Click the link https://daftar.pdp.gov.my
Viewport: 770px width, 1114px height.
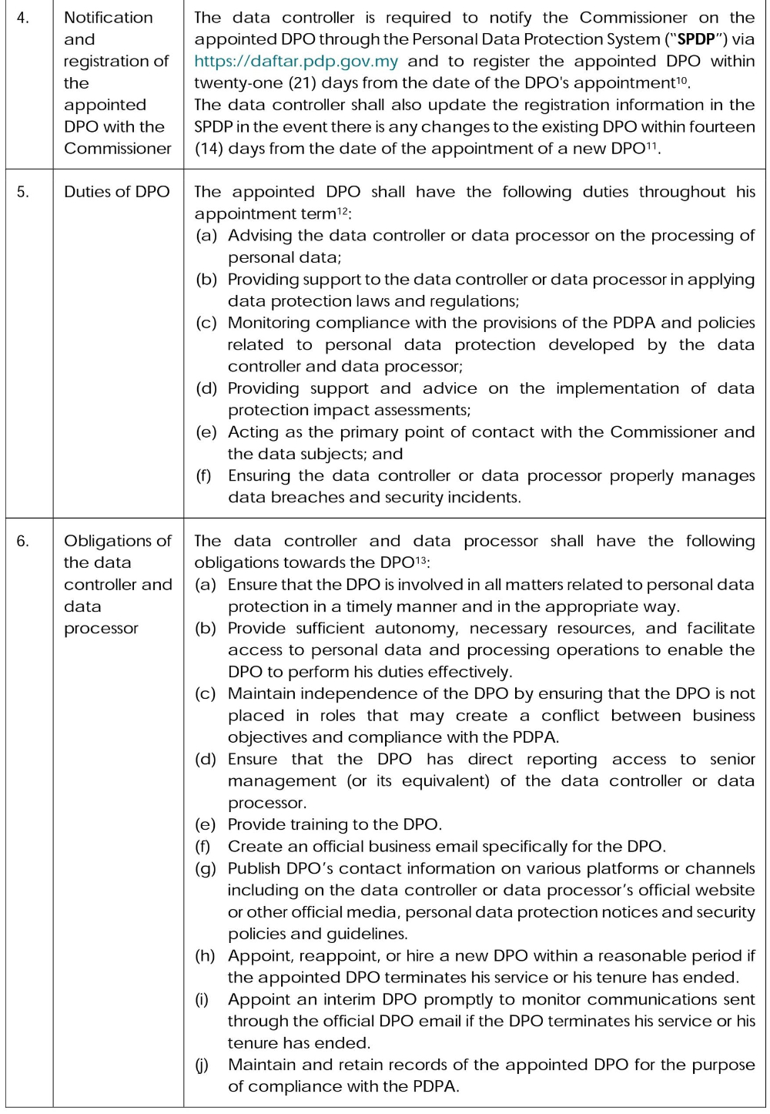coord(296,61)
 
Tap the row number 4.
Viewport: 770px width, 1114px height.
coord(23,17)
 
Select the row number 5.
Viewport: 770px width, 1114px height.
coord(23,192)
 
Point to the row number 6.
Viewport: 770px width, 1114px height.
coord(23,541)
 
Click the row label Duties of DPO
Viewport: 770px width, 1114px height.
coord(116,192)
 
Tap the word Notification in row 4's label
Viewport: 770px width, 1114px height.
coord(109,17)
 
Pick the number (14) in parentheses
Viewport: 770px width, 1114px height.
coord(209,148)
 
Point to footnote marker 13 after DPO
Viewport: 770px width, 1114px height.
coord(421,559)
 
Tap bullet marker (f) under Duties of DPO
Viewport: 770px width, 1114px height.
coord(204,475)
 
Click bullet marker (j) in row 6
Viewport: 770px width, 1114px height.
coord(203,1065)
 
